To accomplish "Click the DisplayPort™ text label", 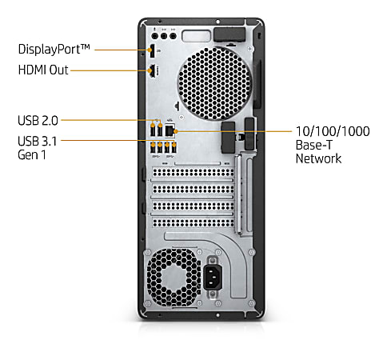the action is click(54, 50).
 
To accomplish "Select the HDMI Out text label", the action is click(43, 70).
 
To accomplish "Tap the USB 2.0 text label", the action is click(38, 120).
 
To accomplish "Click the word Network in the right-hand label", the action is click(318, 158).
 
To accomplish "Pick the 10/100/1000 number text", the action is click(333, 131).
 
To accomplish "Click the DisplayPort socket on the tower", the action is click(152, 50).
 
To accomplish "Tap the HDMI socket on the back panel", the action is click(152, 71).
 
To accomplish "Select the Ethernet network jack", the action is click(170, 130).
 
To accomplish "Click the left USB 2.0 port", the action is click(153, 130).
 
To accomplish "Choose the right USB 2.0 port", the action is click(160, 130).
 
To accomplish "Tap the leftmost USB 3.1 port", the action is click(153, 147).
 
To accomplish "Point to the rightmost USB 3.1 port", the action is click(174, 147).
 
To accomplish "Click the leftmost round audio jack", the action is click(155, 36).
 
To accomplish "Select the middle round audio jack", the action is click(164, 36).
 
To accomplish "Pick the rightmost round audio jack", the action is click(173, 36).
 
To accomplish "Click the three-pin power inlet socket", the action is click(213, 278).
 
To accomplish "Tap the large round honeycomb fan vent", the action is click(214, 84).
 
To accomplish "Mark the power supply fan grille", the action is click(174, 278).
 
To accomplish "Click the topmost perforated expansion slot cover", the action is click(193, 173).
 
